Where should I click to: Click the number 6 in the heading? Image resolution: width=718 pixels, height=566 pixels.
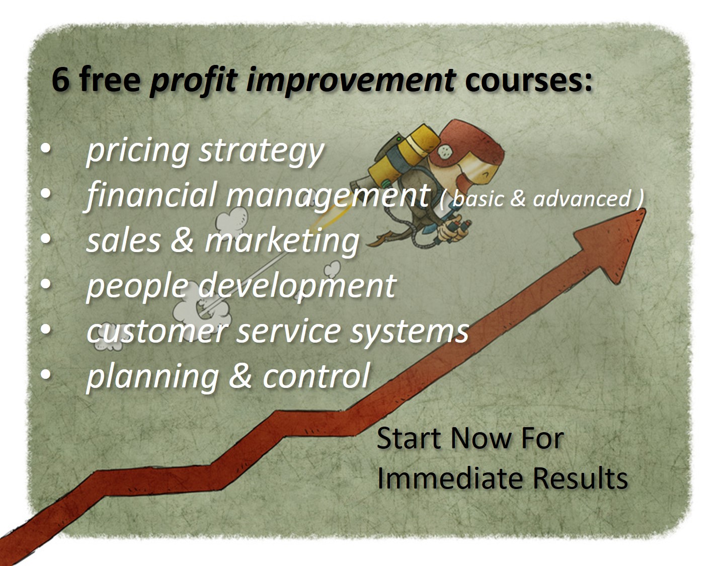(60, 79)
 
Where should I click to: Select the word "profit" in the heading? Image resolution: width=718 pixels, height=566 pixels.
(194, 81)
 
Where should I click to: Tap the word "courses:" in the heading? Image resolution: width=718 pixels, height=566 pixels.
(528, 80)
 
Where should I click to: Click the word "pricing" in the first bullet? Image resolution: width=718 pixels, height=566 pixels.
(138, 151)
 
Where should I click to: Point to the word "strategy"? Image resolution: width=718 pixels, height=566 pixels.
(261, 151)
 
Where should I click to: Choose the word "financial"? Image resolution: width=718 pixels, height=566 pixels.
(151, 196)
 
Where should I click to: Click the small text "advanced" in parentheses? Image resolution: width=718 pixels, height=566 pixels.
(582, 198)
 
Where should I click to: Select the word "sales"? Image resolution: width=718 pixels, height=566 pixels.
(123, 241)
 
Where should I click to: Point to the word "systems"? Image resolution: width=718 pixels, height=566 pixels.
(409, 333)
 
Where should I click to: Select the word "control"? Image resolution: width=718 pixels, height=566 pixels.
(316, 376)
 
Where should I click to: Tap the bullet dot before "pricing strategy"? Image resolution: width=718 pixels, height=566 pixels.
(46, 148)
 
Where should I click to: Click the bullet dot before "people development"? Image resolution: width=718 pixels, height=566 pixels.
(46, 284)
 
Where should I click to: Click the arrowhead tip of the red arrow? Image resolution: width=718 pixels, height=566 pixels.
(646, 209)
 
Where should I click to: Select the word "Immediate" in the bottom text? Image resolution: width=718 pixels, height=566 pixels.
(450, 478)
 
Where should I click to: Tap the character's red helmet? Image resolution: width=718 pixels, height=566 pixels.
(467, 143)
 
